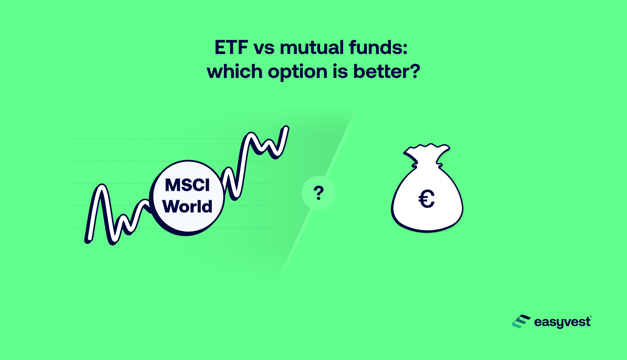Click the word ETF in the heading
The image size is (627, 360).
[231, 48]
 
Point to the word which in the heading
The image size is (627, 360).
[235, 71]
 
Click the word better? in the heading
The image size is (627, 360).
[387, 71]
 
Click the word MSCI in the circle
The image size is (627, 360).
[187, 185]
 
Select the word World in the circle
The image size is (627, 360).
[187, 206]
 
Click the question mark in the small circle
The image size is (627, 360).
[318, 193]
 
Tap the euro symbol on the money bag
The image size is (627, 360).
[426, 199]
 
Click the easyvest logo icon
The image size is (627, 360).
[521, 322]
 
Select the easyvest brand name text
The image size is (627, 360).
[562, 322]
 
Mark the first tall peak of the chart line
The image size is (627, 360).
[102, 187]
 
